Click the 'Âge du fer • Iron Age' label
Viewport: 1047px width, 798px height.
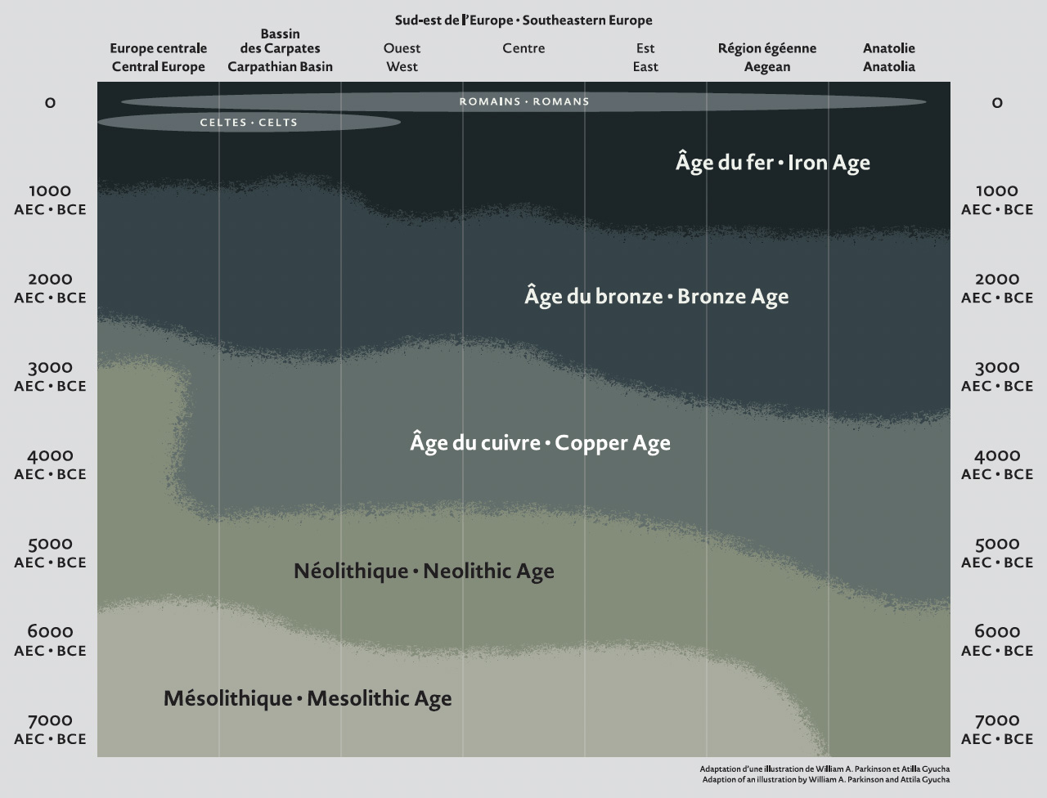(x=772, y=163)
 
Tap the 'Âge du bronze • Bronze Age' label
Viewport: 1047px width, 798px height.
(x=656, y=296)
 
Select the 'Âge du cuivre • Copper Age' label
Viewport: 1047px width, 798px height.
(x=540, y=443)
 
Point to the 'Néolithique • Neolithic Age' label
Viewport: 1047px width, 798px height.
(x=424, y=571)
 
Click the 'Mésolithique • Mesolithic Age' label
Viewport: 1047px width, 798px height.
(x=308, y=698)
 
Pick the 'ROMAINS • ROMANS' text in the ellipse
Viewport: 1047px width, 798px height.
(x=523, y=102)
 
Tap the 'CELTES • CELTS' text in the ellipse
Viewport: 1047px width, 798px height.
(x=249, y=123)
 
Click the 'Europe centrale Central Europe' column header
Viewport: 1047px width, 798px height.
(x=158, y=57)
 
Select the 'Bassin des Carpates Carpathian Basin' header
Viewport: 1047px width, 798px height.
(x=280, y=51)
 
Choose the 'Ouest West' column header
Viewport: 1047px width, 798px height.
(x=402, y=57)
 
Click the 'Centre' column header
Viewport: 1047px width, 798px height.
(x=523, y=48)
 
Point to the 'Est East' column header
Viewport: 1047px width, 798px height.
(x=645, y=57)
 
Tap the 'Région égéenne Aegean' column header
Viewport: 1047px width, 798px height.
(x=767, y=57)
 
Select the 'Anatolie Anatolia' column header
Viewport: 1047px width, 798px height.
(x=889, y=57)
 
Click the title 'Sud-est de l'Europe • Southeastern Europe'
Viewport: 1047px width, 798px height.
(x=523, y=20)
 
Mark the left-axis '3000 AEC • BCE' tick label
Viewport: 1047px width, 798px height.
(x=50, y=376)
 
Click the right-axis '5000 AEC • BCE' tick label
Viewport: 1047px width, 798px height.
(x=997, y=553)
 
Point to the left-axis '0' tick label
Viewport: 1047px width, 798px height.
(x=50, y=103)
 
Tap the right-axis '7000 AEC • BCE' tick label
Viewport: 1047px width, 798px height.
(x=997, y=729)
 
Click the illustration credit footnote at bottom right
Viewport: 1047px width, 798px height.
(x=825, y=774)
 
